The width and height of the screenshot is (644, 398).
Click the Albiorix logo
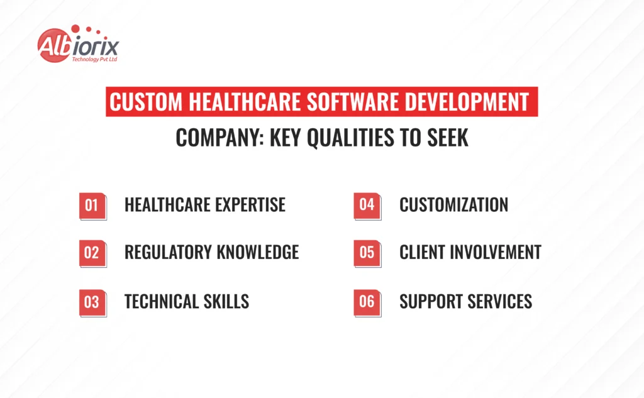tap(78, 44)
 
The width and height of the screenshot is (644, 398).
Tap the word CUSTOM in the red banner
tap(146, 102)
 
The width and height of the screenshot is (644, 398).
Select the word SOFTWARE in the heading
tap(353, 102)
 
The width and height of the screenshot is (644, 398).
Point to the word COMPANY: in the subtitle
tap(219, 138)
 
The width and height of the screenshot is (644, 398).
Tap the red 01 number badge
tap(93, 206)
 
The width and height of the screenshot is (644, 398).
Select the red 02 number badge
tap(93, 253)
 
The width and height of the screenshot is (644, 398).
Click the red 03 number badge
tap(93, 303)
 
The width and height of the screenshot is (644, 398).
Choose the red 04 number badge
tap(367, 206)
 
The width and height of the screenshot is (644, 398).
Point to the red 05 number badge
tap(367, 253)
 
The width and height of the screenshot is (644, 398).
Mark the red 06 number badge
tap(367, 303)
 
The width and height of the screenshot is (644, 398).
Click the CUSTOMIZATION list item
tap(454, 204)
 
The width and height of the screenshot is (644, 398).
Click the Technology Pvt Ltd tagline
tap(94, 59)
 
